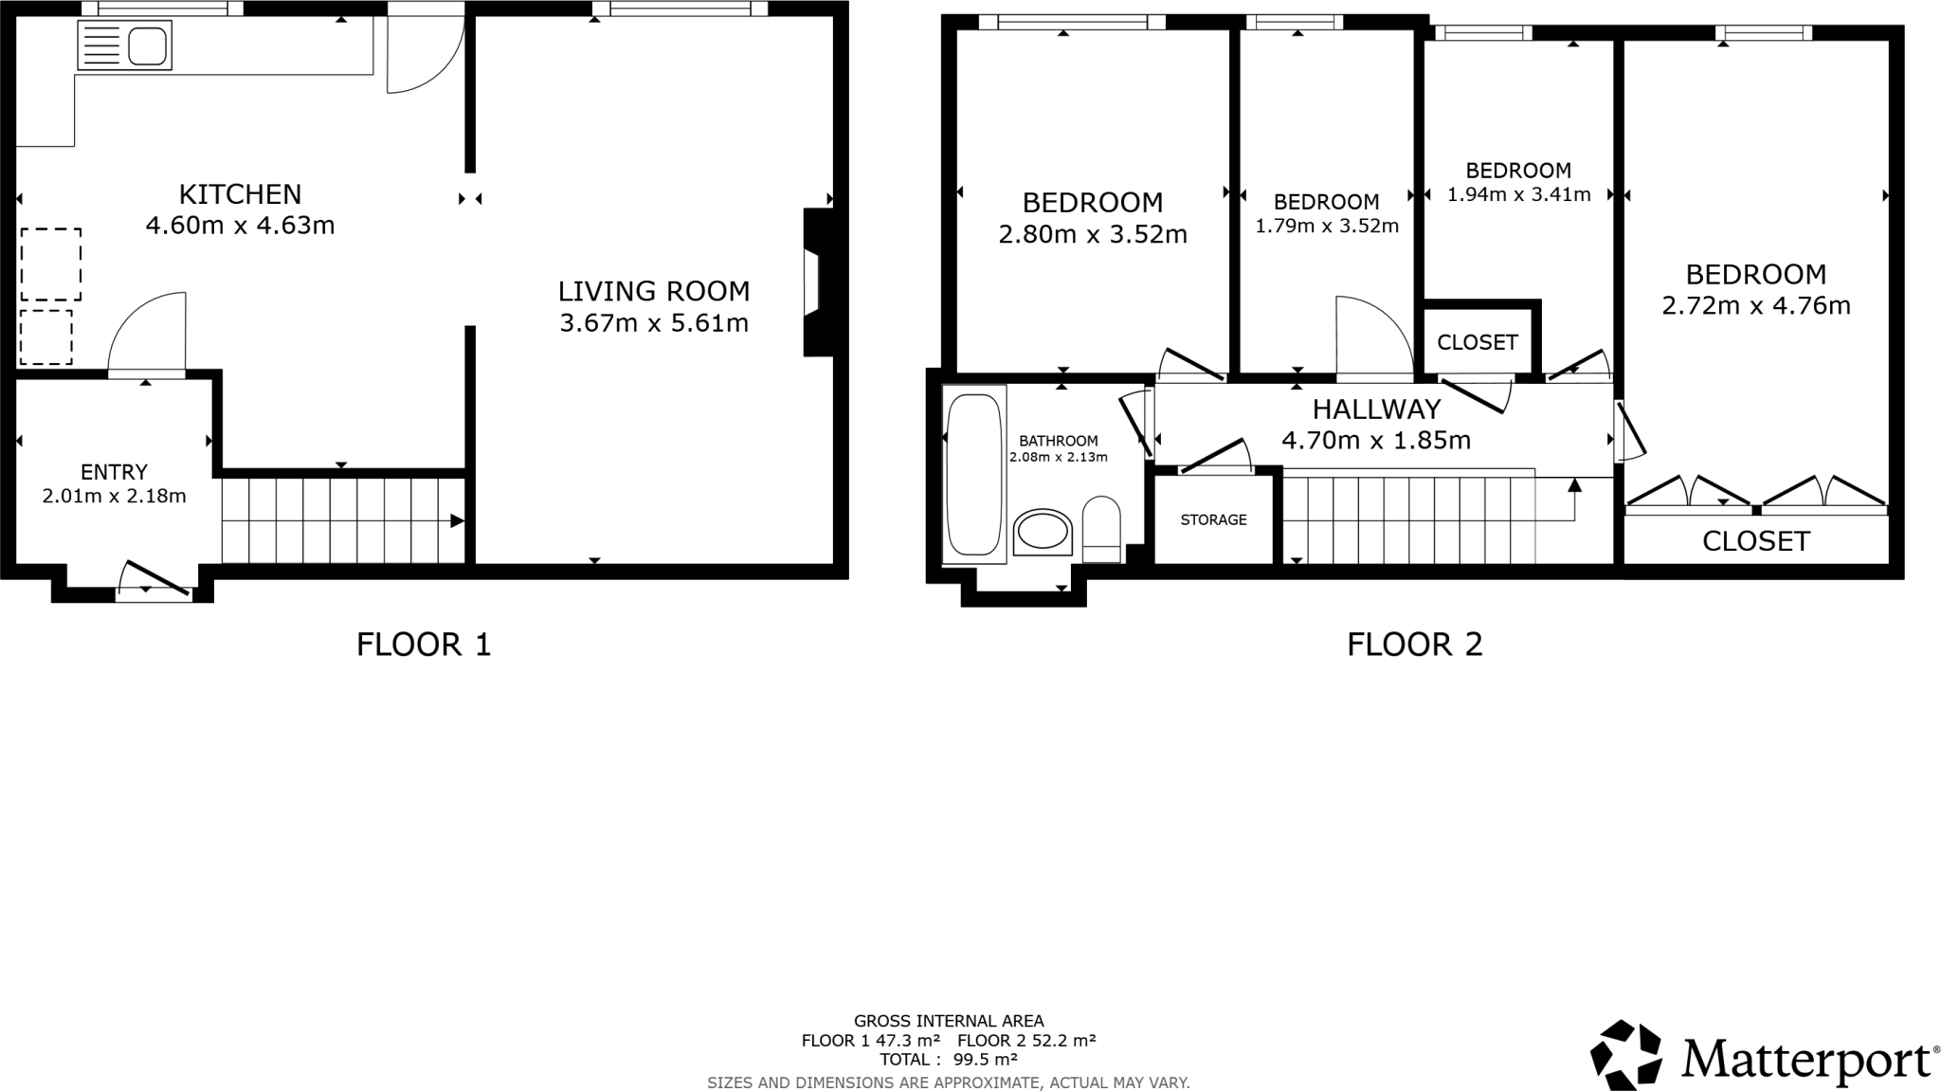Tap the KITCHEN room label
pos(240,194)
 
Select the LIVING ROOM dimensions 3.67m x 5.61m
pos(654,323)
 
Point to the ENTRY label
pos(114,472)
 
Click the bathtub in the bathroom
pos(973,474)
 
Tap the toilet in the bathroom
pos(1101,524)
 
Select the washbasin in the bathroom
pos(1043,532)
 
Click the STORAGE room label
pos(1213,519)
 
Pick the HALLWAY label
pos(1376,409)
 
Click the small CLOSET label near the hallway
pos(1478,342)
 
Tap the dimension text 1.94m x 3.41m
pos(1518,194)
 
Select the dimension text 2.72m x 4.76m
pos(1755,305)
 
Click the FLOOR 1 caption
pos(424,645)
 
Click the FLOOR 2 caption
pos(1414,645)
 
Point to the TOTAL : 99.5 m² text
pos(948,1059)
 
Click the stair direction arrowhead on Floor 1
pos(457,520)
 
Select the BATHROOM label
pos(1058,441)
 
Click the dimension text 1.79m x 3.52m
pos(1326,226)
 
